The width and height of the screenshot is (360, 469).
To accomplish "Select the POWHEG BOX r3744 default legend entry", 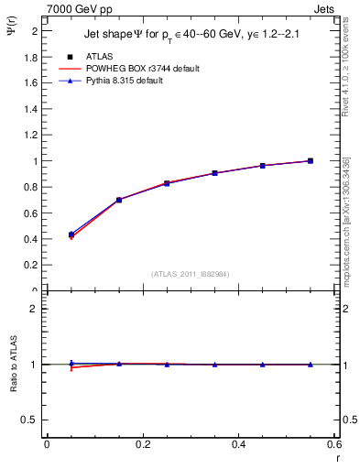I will [x=140, y=69].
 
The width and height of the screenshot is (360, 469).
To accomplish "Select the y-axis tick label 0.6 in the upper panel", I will [x=30, y=213].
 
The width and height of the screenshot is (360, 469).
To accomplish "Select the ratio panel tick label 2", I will [x=35, y=309].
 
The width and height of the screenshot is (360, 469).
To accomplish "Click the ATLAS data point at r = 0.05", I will [x=71, y=235].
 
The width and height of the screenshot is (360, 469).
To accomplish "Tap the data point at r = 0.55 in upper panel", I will [x=311, y=161].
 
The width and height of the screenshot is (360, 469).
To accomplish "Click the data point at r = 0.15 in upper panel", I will [x=118, y=200].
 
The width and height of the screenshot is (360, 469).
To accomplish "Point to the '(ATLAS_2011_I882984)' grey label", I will [x=190, y=274].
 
